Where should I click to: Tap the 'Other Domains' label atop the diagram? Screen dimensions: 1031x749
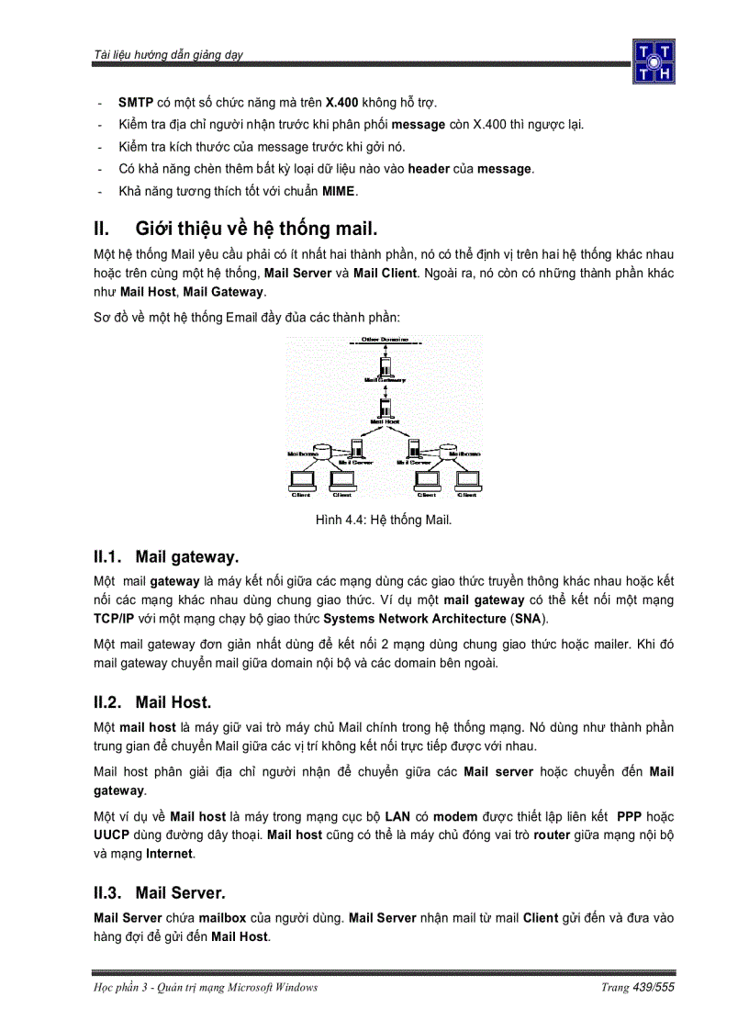point(385,340)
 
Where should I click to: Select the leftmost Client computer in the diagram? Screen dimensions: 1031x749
point(301,480)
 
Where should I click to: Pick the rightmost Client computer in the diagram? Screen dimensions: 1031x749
point(467,480)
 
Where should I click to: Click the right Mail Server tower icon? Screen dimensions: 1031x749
point(414,449)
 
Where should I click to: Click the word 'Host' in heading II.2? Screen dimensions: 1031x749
point(191,702)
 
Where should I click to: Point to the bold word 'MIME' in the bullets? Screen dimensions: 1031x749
point(338,191)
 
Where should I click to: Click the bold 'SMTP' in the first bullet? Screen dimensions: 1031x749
point(136,102)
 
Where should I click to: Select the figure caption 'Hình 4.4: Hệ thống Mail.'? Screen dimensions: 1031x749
point(384,521)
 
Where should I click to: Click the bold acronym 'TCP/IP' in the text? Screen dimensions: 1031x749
point(114,618)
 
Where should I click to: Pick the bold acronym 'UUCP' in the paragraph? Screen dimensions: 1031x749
point(111,835)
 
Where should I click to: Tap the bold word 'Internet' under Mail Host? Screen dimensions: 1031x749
point(169,853)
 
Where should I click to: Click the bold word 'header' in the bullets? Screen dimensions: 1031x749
point(429,169)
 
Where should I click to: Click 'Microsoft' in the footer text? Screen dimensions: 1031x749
point(239,987)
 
